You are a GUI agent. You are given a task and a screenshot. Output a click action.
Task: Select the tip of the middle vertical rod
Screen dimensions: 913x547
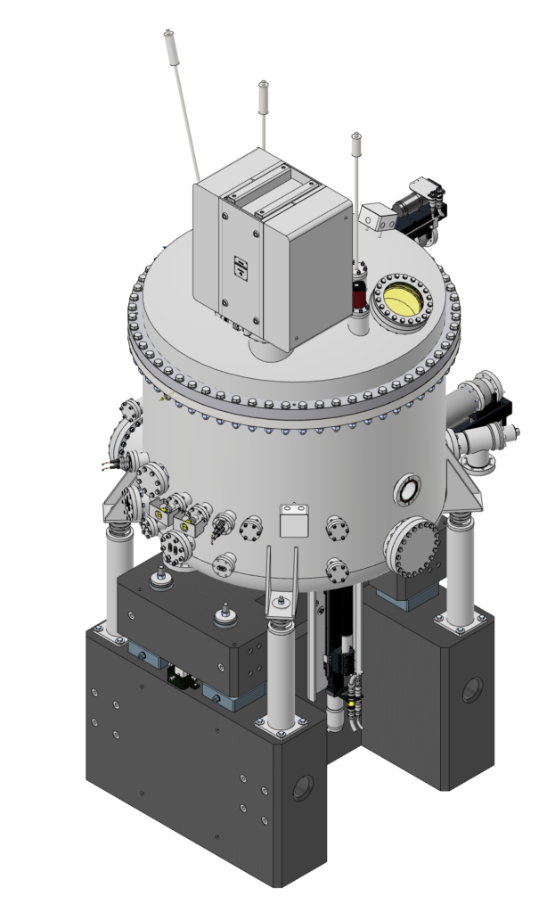pyautogui.click(x=264, y=86)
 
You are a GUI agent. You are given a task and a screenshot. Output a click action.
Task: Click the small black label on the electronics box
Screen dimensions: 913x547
pyautogui.click(x=240, y=265)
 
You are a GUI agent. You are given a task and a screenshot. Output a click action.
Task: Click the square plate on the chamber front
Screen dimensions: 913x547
pyautogui.click(x=292, y=521)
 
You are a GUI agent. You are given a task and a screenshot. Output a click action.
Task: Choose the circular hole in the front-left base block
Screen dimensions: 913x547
pyautogui.click(x=303, y=789)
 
